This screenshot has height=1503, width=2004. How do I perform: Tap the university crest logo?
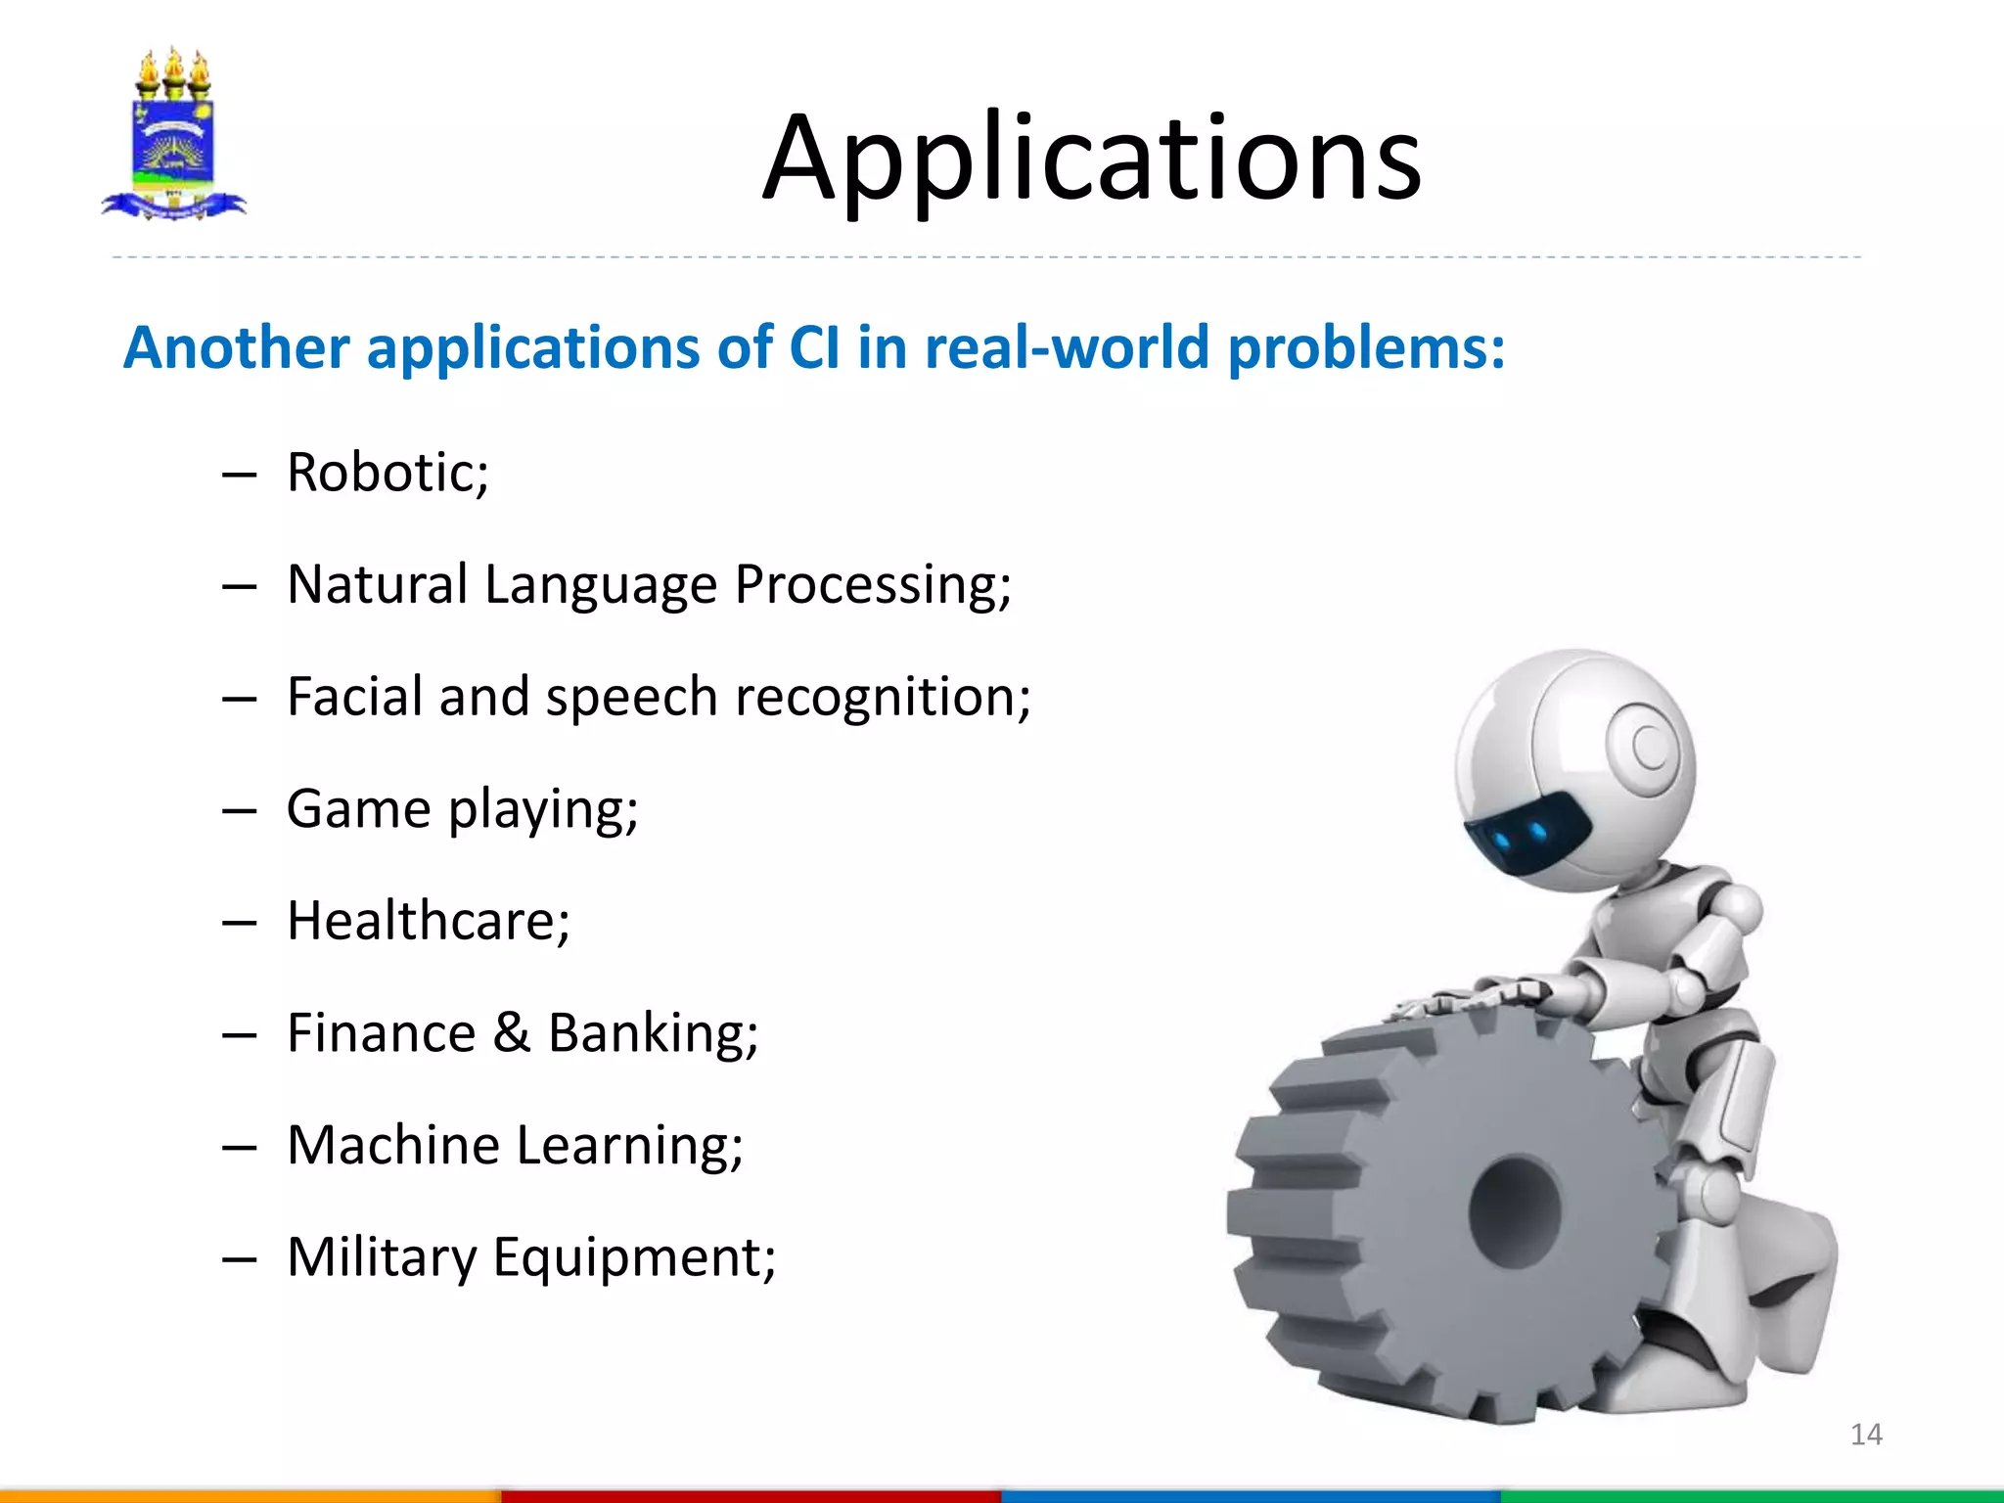173,135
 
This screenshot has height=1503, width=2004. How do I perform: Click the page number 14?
1866,1435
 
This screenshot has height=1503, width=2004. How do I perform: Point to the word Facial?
355,697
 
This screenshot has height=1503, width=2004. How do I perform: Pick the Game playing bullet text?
462,810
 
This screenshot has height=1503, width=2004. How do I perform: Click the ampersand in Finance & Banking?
511,1033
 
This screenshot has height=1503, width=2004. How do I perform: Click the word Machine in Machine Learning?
393,1145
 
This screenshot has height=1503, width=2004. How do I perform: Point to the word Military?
381,1257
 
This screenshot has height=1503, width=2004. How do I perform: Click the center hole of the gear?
1515,1211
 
